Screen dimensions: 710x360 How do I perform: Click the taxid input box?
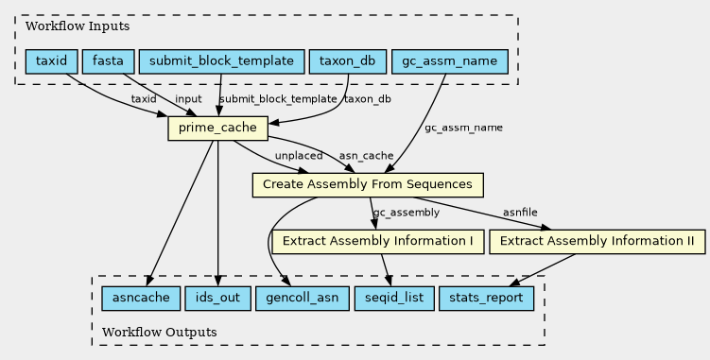[52, 61]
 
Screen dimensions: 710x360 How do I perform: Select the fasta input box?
[108, 61]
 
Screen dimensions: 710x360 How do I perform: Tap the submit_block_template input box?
[221, 61]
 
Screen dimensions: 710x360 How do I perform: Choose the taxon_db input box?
[347, 61]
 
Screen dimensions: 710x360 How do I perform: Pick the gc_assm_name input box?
[450, 61]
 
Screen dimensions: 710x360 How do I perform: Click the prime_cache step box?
[217, 129]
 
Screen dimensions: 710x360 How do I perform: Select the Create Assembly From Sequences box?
[368, 185]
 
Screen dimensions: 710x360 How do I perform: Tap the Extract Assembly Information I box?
[377, 241]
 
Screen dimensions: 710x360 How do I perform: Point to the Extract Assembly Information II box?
[597, 241]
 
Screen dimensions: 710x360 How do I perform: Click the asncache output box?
[141, 299]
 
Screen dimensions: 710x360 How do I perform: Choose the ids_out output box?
[217, 299]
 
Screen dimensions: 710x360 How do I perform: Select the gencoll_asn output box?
[303, 299]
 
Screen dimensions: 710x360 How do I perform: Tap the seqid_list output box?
[394, 299]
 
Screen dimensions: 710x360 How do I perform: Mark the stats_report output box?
[486, 299]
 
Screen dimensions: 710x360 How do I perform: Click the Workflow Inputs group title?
[78, 26]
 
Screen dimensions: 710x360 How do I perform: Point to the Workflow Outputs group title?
[160, 333]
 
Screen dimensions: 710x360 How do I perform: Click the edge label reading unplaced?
[299, 156]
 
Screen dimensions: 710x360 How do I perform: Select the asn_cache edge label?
[366, 156]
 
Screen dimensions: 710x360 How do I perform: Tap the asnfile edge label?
[520, 212]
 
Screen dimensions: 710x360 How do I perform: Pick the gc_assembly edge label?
[407, 213]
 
